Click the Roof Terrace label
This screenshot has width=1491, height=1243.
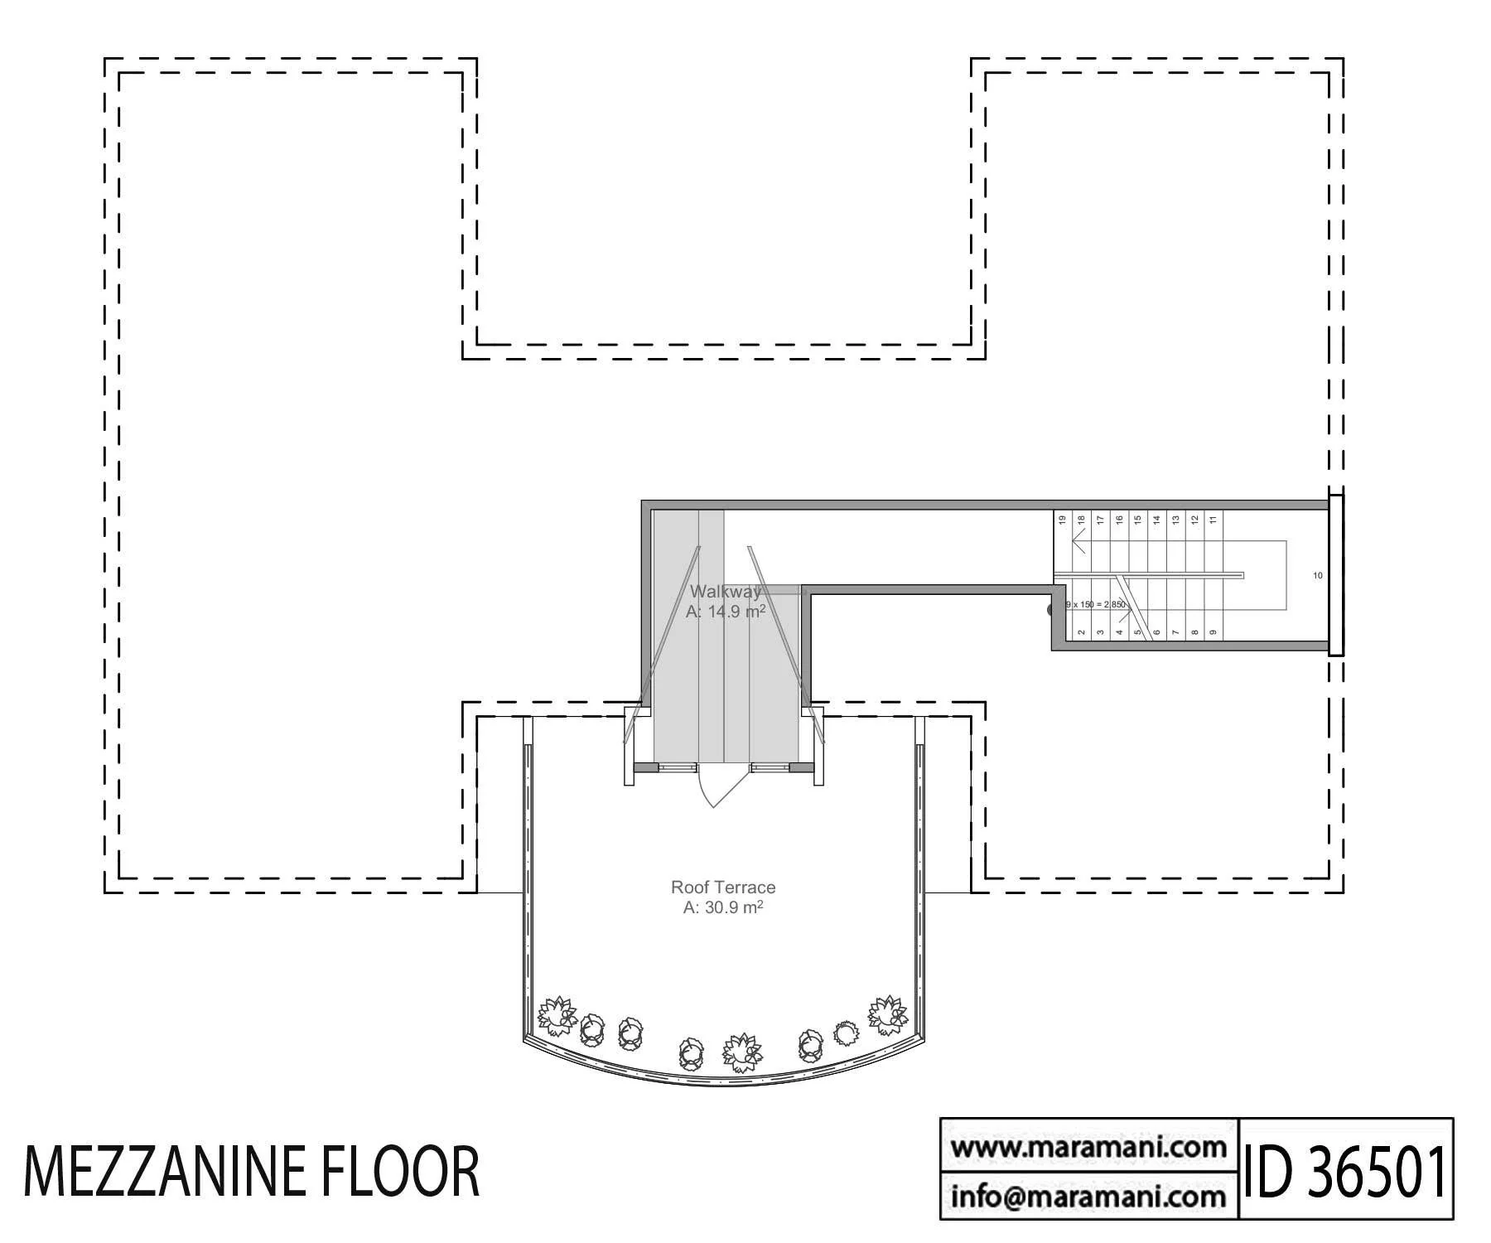pos(722,888)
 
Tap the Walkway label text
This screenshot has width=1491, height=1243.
pos(725,592)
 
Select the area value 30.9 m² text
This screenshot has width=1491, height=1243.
pos(722,907)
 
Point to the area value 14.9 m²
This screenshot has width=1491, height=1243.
pos(725,612)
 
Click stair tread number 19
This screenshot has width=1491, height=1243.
pos(1062,520)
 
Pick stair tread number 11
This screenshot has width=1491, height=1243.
pos(1214,520)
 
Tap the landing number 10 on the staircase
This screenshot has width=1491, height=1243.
pos(1318,576)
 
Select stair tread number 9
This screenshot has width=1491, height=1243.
pos(1214,632)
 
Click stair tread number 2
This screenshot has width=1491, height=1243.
pos(1082,632)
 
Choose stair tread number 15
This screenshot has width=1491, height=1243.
pos(1138,520)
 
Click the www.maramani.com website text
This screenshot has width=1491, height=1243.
pos(1088,1149)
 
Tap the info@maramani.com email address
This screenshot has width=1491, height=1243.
pos(1088,1196)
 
